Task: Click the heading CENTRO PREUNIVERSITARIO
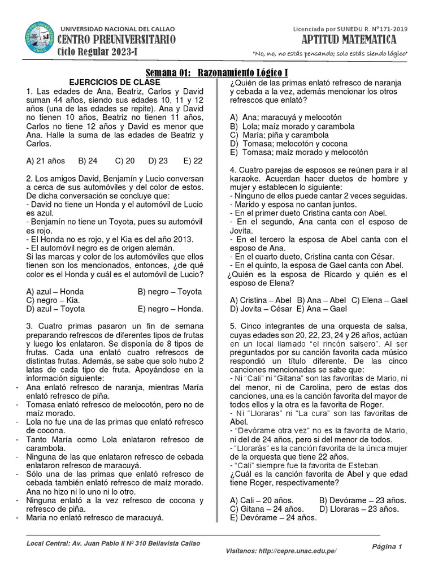point(118,40)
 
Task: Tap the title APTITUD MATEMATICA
point(350,40)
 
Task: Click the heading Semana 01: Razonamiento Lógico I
point(217,73)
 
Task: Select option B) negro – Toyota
point(170,291)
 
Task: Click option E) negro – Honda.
point(170,309)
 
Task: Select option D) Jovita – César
point(261,309)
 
